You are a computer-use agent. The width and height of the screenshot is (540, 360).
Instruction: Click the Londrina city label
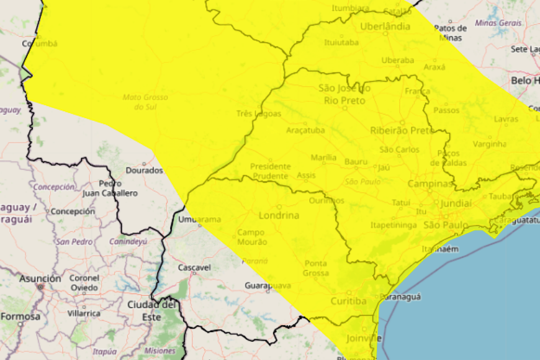[279, 215]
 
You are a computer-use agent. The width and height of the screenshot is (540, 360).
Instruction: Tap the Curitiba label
[348, 301]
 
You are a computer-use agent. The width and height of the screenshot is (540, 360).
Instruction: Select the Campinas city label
[430, 184]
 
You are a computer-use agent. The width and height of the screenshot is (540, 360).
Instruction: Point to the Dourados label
[144, 171]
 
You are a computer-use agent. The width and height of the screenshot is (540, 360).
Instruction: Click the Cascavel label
[194, 267]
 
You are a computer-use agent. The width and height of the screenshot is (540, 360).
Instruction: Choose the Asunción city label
[40, 279]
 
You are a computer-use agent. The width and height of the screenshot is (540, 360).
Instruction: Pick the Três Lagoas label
[259, 114]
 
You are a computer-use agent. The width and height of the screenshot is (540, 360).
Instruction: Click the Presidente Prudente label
[271, 171]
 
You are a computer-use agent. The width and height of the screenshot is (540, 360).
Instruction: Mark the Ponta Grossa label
[316, 268]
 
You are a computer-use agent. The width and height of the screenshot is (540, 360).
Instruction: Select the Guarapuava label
[268, 285]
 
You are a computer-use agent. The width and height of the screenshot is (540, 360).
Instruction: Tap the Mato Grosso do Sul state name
[146, 101]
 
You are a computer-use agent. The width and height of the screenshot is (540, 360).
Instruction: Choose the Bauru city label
[356, 161]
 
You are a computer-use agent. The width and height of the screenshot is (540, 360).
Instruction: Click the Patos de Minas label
[451, 32]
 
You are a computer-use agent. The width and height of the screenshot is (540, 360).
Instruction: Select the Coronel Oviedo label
[84, 282]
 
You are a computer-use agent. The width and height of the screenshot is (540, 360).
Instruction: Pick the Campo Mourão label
[252, 237]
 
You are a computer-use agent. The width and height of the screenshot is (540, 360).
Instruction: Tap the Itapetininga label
[393, 225]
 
